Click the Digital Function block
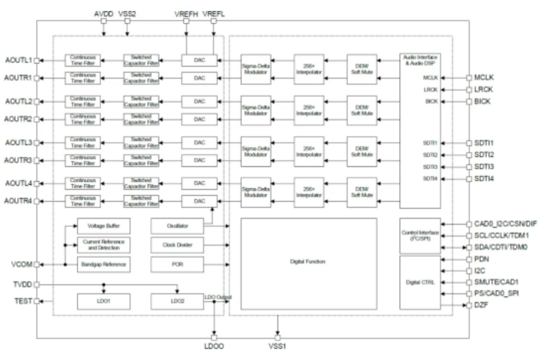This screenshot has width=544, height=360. (308, 263)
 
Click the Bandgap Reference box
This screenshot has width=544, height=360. (103, 263)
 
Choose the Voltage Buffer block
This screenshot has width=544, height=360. (103, 226)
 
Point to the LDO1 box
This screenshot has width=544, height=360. (103, 302)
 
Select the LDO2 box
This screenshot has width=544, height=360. (177, 302)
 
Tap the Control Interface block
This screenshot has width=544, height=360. (420, 236)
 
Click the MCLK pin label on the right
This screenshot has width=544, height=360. (485, 77)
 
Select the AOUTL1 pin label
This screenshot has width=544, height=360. (18, 61)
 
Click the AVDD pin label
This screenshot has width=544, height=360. (104, 13)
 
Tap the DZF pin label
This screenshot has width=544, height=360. (482, 305)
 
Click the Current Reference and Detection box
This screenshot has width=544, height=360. (103, 245)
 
